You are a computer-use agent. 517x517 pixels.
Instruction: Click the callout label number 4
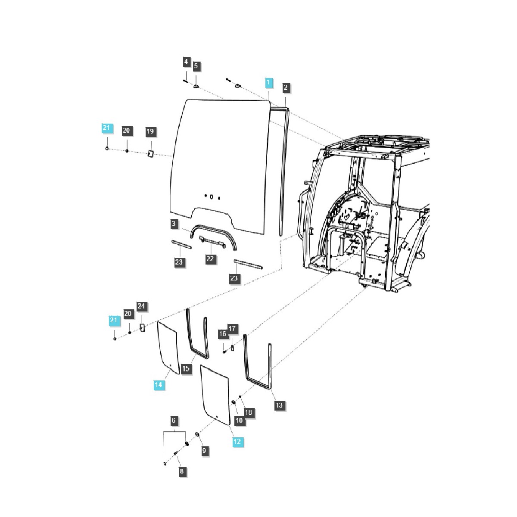click(x=186, y=62)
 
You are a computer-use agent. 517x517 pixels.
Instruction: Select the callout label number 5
click(x=196, y=66)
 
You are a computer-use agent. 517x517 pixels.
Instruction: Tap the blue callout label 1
click(x=268, y=82)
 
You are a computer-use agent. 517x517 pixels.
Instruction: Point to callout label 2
click(x=286, y=88)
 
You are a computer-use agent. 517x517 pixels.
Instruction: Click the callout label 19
click(x=150, y=131)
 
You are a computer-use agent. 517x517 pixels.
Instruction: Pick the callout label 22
click(x=210, y=259)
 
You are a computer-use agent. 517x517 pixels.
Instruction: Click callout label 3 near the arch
click(x=174, y=224)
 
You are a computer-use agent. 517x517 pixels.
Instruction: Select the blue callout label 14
click(x=159, y=385)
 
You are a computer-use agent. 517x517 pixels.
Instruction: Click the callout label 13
click(x=279, y=405)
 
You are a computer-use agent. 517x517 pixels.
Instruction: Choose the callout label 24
click(x=142, y=306)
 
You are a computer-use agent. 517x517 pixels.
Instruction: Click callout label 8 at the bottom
click(x=181, y=471)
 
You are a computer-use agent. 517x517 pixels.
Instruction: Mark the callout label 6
click(x=174, y=420)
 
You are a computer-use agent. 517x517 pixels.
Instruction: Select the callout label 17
click(x=232, y=329)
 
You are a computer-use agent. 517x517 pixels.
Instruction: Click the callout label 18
click(x=248, y=413)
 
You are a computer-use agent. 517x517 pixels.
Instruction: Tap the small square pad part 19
click(x=151, y=154)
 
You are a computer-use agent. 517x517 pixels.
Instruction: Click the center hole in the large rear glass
click(x=212, y=197)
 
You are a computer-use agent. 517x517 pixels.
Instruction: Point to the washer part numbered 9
click(x=197, y=435)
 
